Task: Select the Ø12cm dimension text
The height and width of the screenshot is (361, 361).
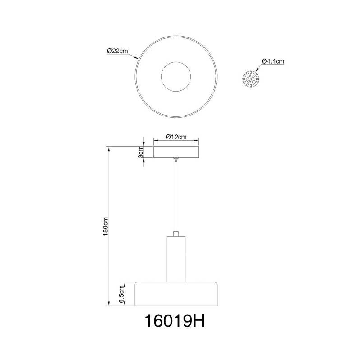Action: pos(176,137)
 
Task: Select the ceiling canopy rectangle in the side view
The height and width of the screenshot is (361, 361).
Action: pos(176,152)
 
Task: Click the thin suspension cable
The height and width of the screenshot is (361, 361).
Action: pos(176,199)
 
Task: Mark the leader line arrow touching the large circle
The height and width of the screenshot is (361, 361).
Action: pos(137,59)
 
